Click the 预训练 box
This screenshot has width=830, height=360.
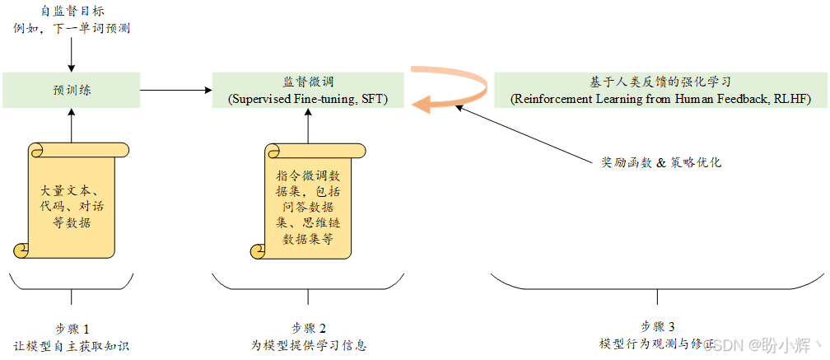tap(72, 90)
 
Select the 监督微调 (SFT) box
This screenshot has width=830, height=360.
tap(308, 90)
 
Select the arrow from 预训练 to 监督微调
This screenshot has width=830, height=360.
tap(176, 90)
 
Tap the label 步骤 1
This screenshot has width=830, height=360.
tap(72, 329)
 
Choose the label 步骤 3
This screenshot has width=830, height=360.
tap(658, 326)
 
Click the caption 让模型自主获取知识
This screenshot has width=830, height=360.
tap(72, 345)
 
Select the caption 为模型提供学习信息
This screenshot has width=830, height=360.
tap(308, 345)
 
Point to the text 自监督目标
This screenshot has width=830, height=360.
tap(72, 11)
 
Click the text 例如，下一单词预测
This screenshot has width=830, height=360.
tap(72, 28)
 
